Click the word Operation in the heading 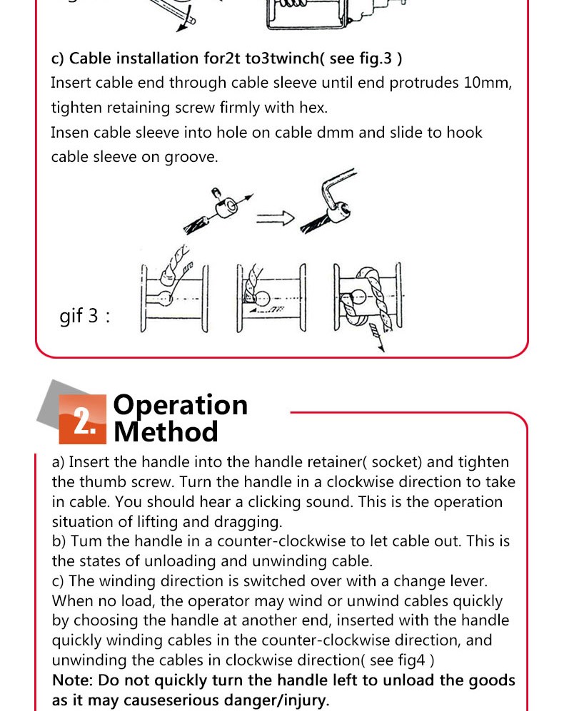click(x=181, y=405)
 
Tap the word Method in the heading click(x=166, y=432)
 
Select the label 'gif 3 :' click(x=85, y=315)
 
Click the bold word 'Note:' click(x=73, y=680)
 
